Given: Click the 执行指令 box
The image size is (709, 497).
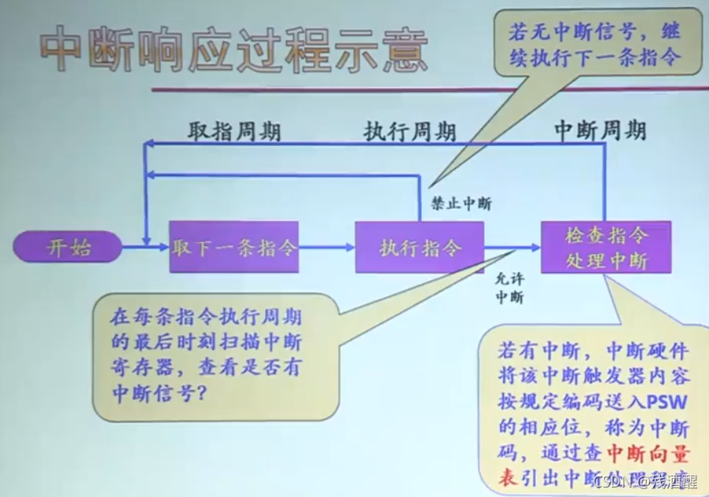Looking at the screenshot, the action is [x=420, y=248].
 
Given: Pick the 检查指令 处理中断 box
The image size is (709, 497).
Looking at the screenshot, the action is [x=606, y=248].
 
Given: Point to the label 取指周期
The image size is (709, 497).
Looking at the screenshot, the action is [x=233, y=131].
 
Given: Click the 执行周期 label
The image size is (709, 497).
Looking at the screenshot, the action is [x=409, y=132].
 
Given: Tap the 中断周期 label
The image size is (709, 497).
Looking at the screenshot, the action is [x=600, y=131].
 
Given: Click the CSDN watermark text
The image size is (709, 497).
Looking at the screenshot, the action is [x=611, y=480].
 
